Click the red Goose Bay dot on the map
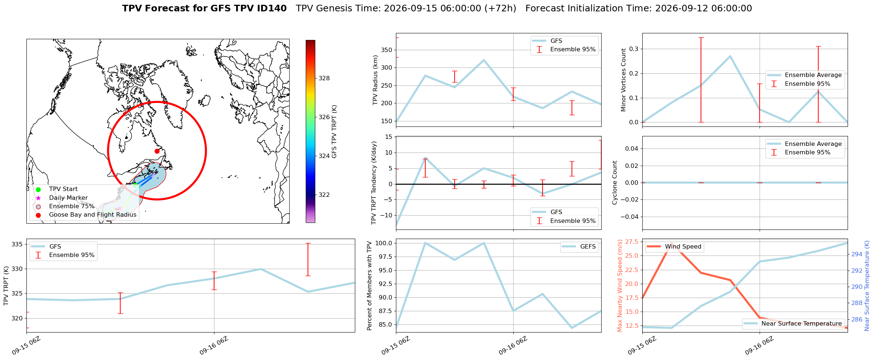[x=157, y=151]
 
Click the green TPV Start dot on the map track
[x=136, y=185]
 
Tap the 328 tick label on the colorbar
[x=324, y=78]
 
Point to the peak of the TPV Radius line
[x=484, y=60]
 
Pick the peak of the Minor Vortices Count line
[x=730, y=56]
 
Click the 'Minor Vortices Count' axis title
[x=624, y=80]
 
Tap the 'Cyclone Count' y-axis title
[x=615, y=183]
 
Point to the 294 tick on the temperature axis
[x=857, y=254]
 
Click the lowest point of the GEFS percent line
[x=572, y=328]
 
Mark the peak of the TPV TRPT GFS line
[x=261, y=269]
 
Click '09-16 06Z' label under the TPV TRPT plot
[x=214, y=346]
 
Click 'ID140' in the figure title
[x=273, y=8]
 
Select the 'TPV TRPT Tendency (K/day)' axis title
[x=374, y=183]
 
